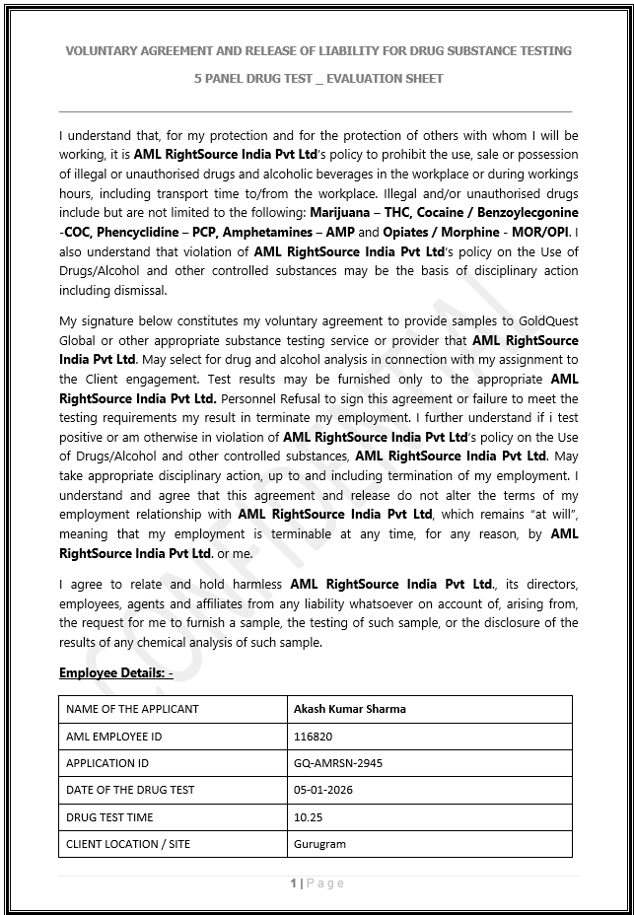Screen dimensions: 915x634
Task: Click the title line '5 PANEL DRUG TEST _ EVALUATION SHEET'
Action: tap(318, 78)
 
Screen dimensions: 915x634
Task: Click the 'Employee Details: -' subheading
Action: tap(115, 673)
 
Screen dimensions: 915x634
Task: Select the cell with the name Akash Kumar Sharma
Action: tap(349, 709)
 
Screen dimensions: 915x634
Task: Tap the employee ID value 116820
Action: tap(314, 737)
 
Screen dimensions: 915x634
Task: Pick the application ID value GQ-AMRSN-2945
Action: tap(337, 763)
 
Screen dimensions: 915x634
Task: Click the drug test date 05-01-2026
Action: tap(322, 790)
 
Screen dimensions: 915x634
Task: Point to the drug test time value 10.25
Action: tap(308, 817)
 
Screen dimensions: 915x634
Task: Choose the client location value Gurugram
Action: tap(319, 844)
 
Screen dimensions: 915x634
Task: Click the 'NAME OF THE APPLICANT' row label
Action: tap(132, 709)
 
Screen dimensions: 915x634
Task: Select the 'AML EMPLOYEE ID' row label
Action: tap(113, 737)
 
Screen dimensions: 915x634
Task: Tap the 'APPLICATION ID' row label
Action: tap(107, 763)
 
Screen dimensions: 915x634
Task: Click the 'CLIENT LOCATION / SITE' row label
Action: tap(128, 844)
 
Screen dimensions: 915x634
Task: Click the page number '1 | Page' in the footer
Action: tap(317, 883)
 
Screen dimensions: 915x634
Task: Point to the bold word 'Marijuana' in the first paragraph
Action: tap(338, 213)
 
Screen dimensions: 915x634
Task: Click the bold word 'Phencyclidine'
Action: tap(131, 233)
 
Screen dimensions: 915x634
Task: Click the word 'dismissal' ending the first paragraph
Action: tap(142, 290)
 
